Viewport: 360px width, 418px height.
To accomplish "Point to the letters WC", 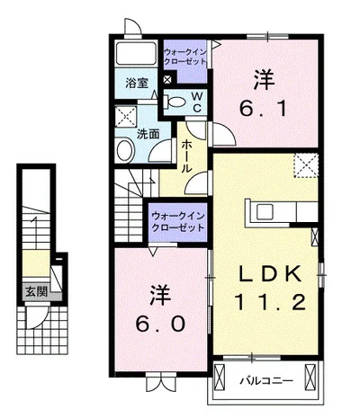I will point(196,101).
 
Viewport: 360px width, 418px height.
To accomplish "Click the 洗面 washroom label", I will point(148,134).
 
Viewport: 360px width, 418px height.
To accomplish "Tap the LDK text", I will point(265,273).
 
